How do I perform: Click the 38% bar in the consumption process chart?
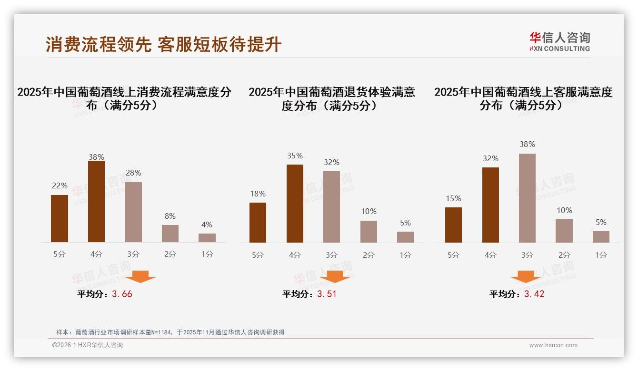(x=96, y=202)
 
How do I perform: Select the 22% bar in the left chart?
(x=60, y=218)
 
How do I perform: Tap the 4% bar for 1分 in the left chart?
(x=207, y=238)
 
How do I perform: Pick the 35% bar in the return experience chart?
(x=295, y=204)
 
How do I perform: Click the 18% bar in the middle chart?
(x=258, y=223)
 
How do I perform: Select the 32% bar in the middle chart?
(x=331, y=207)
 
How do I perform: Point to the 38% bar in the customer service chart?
(x=527, y=198)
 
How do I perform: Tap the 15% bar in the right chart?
(x=453, y=225)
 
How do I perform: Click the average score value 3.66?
(x=122, y=294)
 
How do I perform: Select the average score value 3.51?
(x=327, y=294)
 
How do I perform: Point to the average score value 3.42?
(x=534, y=294)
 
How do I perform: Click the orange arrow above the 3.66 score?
(x=140, y=276)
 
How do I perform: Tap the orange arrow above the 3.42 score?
(x=526, y=276)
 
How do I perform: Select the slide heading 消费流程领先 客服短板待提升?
(x=164, y=45)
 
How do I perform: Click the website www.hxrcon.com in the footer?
(x=553, y=345)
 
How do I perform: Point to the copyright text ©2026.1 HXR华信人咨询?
(x=88, y=345)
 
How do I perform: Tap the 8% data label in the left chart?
(x=170, y=216)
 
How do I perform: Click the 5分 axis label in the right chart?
(x=453, y=255)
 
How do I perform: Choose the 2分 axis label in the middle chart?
(x=369, y=255)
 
